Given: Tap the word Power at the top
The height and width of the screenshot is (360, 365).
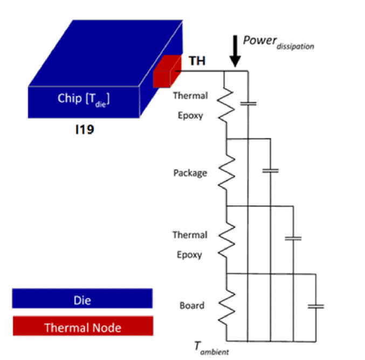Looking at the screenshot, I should pos(260,40).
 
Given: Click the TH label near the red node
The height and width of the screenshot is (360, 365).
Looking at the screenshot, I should pos(197,61).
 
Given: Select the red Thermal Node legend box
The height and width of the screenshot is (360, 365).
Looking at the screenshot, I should pos(82,327).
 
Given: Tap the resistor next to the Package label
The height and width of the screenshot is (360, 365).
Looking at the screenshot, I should pos(226,172).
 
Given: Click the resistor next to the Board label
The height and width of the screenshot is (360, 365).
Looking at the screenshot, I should pos(226,306).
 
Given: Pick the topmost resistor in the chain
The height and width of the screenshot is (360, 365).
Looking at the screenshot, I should pos(226,105).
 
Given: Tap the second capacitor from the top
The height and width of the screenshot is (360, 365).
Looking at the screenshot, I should pos(270,171).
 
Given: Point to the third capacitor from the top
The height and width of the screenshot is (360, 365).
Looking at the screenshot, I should pos(293,238).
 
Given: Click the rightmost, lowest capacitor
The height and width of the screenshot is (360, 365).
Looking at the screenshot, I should pos(316,306).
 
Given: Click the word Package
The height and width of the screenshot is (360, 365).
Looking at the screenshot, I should pos(190,173).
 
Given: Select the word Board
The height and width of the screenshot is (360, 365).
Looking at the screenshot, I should pos(192,306).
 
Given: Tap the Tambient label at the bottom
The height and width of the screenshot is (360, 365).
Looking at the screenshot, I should pos(212,347).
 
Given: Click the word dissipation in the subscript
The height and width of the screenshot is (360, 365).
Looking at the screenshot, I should pos(295,46).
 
